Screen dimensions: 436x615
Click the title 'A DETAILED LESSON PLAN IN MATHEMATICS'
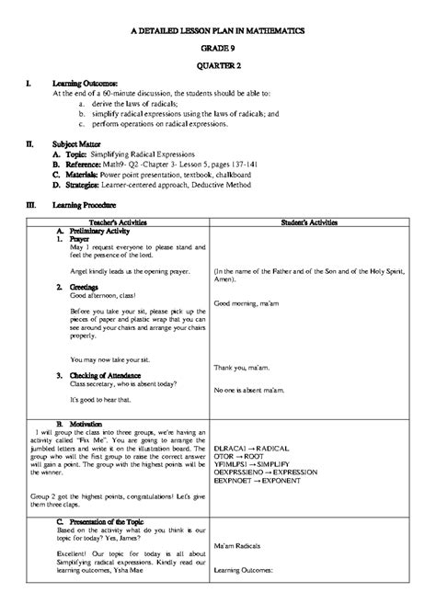(217, 30)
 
